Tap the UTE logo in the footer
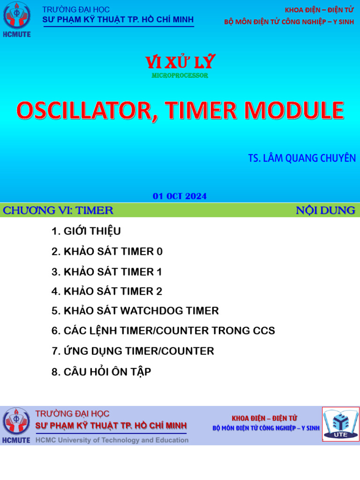click(x=340, y=424)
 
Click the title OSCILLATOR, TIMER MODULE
click(x=180, y=111)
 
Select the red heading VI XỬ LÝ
click(x=180, y=61)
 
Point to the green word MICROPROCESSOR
click(x=180, y=75)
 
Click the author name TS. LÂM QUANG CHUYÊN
click(x=301, y=158)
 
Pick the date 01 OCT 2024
click(x=180, y=196)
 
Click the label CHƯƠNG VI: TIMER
click(x=58, y=210)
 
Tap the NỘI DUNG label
click(x=325, y=210)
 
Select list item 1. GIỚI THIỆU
click(x=86, y=232)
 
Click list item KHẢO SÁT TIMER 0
click(x=107, y=252)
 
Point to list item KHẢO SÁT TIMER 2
click(x=107, y=292)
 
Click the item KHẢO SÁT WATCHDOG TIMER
click(x=135, y=311)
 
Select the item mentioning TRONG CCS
click(x=163, y=331)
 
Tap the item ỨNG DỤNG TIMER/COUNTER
click(x=133, y=351)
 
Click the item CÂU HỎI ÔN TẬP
click(x=101, y=372)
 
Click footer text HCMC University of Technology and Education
click(x=112, y=440)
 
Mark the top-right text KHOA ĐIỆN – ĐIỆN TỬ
click(x=319, y=10)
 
